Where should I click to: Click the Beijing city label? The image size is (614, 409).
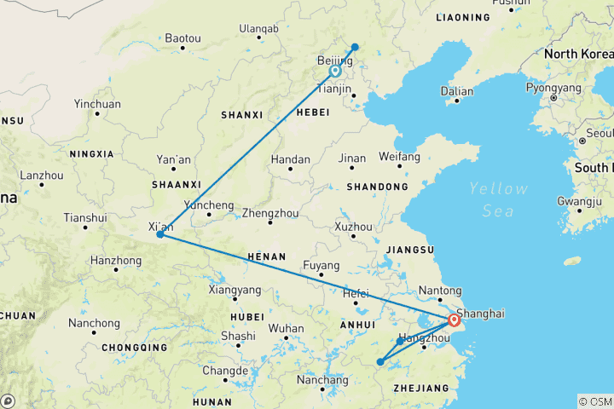[x=334, y=60]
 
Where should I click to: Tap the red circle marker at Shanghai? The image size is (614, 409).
[x=453, y=321]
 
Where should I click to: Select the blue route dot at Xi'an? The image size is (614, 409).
[x=159, y=234]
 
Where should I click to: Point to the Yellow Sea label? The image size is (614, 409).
[x=497, y=197]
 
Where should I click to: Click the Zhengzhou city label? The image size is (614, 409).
[x=269, y=213]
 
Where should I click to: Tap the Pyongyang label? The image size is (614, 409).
[x=553, y=87]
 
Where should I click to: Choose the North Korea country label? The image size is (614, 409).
[x=577, y=54]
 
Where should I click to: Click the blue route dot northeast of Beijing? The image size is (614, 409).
[x=355, y=48]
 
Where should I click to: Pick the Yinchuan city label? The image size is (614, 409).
[x=97, y=104]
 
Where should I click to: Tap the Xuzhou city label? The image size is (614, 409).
[x=353, y=228]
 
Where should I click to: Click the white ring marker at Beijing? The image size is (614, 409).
[x=336, y=72]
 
